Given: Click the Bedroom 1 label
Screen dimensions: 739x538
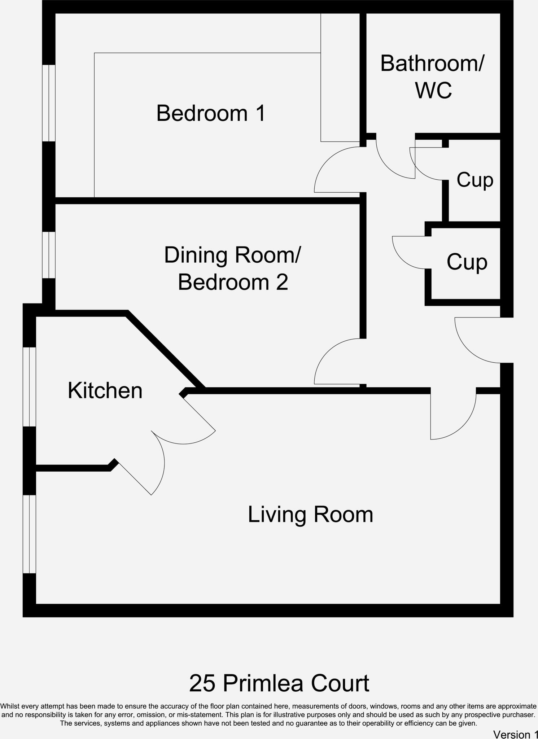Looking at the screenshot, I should point(211,113).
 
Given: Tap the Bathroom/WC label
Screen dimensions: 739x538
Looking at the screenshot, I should point(432,76).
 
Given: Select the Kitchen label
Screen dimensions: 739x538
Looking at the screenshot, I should point(105,391).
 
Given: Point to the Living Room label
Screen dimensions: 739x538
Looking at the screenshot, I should point(310,514).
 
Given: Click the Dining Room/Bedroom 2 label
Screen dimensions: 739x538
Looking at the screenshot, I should point(233,268).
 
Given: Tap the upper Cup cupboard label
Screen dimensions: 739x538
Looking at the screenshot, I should point(474,180).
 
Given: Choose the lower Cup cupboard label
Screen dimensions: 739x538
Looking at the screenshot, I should point(467,262).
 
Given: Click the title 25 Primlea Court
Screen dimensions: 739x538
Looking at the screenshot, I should point(279,683).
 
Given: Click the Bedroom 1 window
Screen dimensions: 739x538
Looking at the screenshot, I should point(49,103).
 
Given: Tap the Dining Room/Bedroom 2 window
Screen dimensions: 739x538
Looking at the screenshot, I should point(49,255).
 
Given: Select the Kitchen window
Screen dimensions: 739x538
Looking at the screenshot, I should point(29,386).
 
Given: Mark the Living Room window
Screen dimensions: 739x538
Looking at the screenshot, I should point(29,534).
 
